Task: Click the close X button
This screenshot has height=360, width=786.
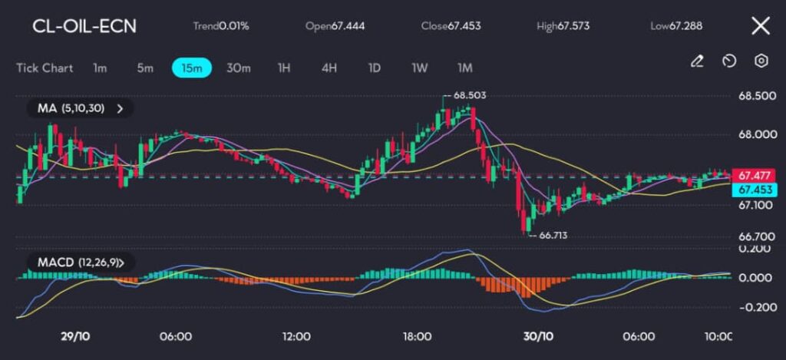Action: [760, 26]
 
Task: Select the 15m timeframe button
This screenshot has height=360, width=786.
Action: [191, 68]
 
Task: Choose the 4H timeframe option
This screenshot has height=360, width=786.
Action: [329, 68]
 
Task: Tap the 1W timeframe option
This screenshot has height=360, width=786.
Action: [419, 68]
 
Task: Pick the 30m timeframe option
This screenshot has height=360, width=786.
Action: [238, 68]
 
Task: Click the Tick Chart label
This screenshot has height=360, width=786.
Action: [45, 68]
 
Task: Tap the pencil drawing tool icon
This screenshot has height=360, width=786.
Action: [697, 61]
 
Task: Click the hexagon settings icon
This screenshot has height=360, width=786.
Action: [761, 61]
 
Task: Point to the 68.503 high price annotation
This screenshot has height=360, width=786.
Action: [469, 95]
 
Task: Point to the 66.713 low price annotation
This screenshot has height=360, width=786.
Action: [552, 236]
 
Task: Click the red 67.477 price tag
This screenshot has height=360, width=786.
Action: [755, 175]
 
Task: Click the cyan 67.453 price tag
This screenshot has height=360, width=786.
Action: [755, 189]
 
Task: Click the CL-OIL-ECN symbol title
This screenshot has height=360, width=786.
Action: [84, 26]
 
